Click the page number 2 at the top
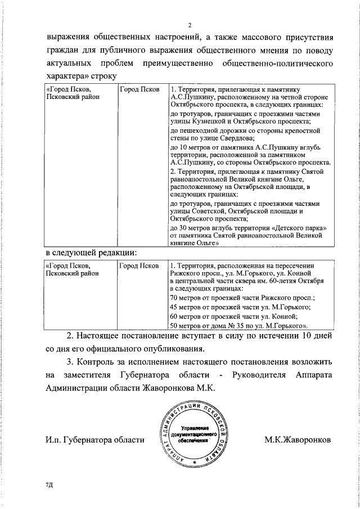coord(190,25)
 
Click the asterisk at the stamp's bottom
coord(194,462)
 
